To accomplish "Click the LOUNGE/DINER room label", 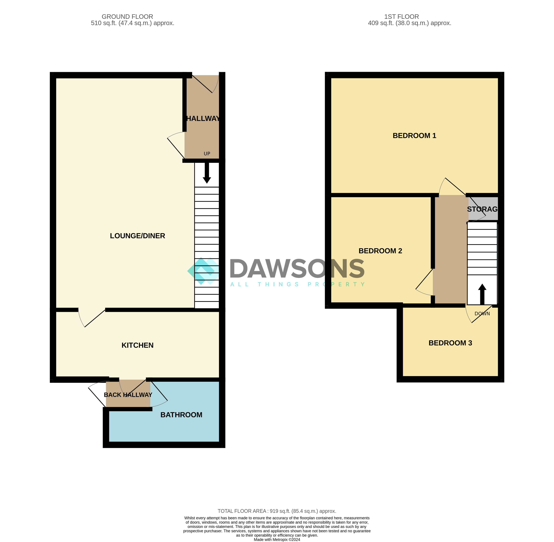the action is [137, 236].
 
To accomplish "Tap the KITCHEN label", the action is [137, 345].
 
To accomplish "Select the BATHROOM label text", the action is [181, 415].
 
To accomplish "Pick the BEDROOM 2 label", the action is [380, 251].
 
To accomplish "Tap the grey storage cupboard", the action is [483, 209].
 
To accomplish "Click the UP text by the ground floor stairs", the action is [207, 154].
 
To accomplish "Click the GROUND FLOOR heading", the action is [127, 17].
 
